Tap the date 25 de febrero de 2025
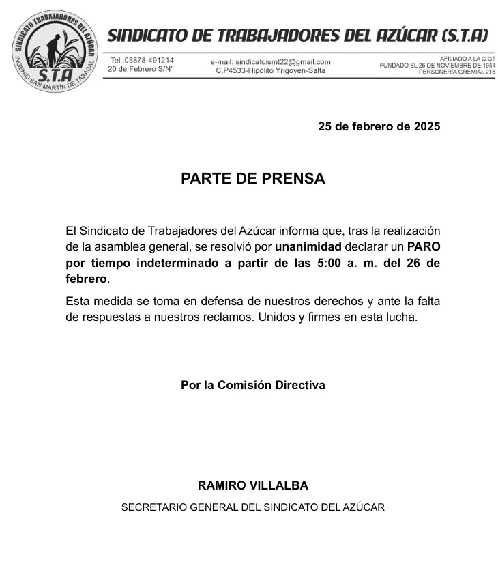tap(379, 126)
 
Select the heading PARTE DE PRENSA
tap(252, 179)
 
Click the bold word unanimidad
tap(304, 246)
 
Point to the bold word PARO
tap(423, 246)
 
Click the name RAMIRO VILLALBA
tap(252, 486)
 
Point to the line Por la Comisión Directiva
tap(252, 385)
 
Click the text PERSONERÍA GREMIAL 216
tap(457, 72)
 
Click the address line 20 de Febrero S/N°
tap(141, 69)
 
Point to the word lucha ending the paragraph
tap(400, 317)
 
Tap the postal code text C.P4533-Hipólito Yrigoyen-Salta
tap(270, 70)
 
